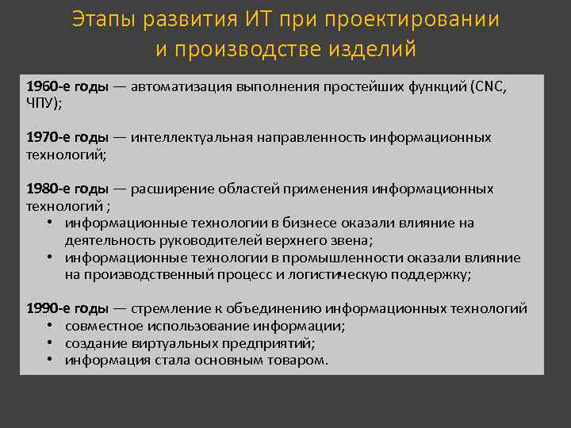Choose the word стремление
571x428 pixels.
169,309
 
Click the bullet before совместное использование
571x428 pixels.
50,327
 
